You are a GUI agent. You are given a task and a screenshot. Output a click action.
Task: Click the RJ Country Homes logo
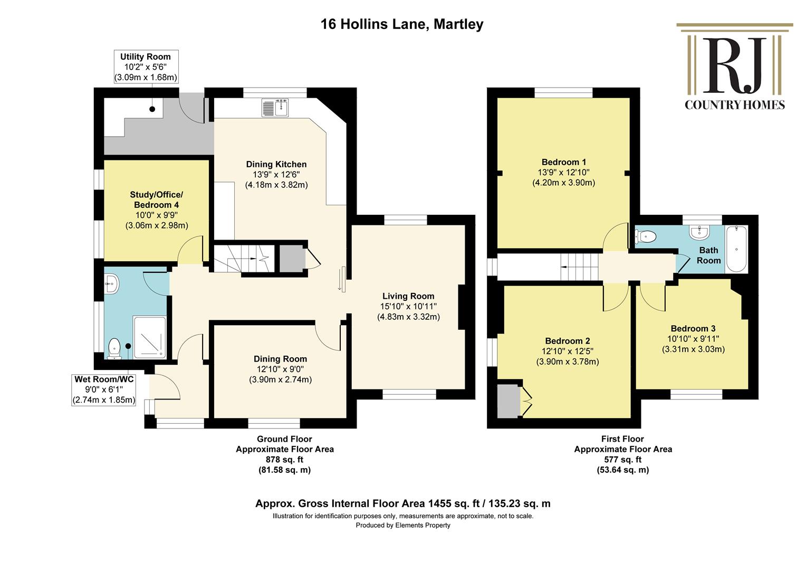pyautogui.click(x=734, y=66)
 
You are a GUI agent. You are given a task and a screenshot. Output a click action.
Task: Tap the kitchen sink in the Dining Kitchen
pyautogui.click(x=275, y=108)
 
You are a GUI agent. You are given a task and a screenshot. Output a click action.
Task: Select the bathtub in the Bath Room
pyautogui.click(x=736, y=249)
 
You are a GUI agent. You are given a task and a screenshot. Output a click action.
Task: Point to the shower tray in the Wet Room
pyautogui.click(x=150, y=337)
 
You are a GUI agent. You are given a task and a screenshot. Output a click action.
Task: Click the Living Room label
pyautogui.click(x=408, y=296)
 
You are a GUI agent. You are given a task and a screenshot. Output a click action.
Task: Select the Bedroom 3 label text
pyautogui.click(x=693, y=328)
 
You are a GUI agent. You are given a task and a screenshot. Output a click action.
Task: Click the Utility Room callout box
pyautogui.click(x=146, y=66)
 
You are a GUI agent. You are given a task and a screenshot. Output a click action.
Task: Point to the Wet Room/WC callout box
pyautogui.click(x=104, y=389)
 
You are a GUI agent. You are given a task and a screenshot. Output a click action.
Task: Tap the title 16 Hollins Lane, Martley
pyautogui.click(x=402, y=24)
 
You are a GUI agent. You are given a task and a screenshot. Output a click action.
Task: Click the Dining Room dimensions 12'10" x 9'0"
pyautogui.click(x=280, y=369)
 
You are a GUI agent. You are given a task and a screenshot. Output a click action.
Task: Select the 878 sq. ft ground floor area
pyautogui.click(x=284, y=460)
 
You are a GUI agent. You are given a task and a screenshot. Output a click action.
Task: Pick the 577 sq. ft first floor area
pyautogui.click(x=623, y=460)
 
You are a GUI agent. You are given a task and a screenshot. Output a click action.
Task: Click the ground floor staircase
pyautogui.click(x=245, y=259)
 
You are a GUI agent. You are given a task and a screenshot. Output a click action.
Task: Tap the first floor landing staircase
pyautogui.click(x=579, y=267)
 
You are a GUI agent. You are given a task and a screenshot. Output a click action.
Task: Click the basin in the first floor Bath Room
pyautogui.click(x=699, y=233)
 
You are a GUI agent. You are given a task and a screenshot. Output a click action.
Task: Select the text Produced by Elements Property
pyautogui.click(x=403, y=525)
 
